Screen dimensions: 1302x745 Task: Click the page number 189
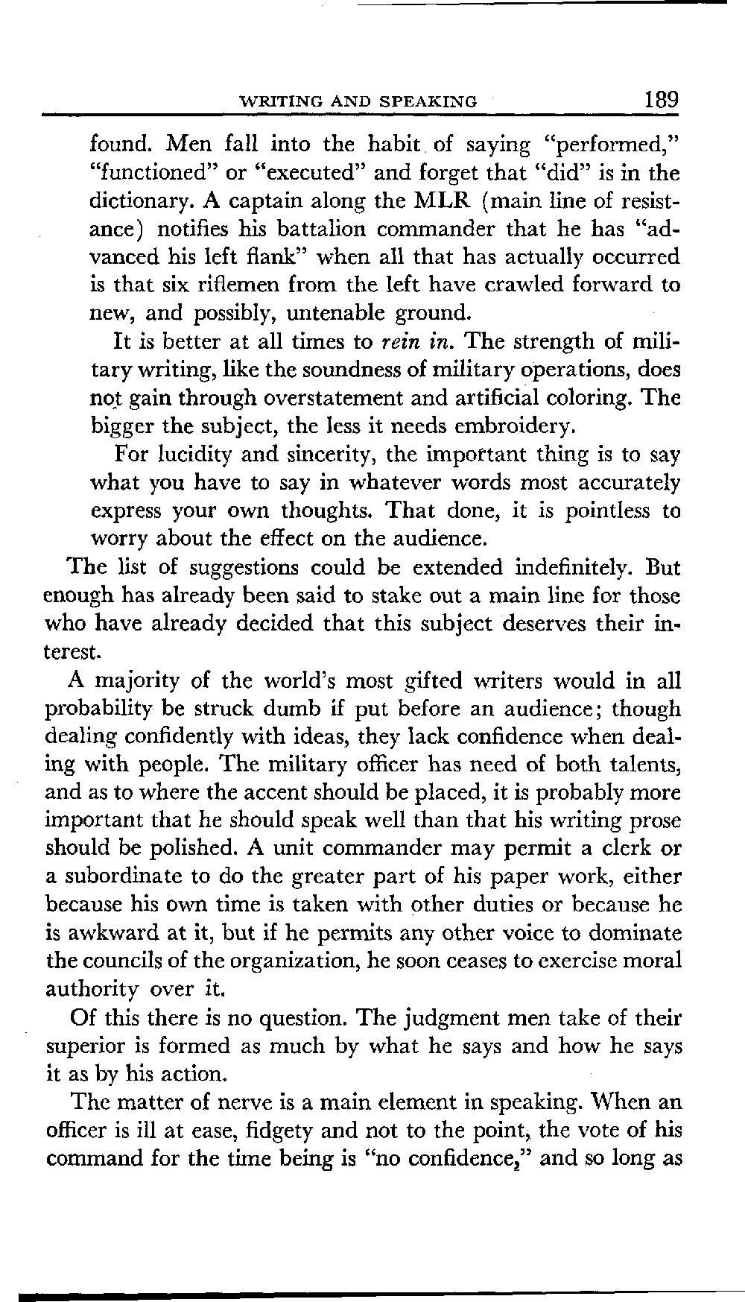[662, 99]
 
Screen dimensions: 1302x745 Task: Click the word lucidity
[193, 455]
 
